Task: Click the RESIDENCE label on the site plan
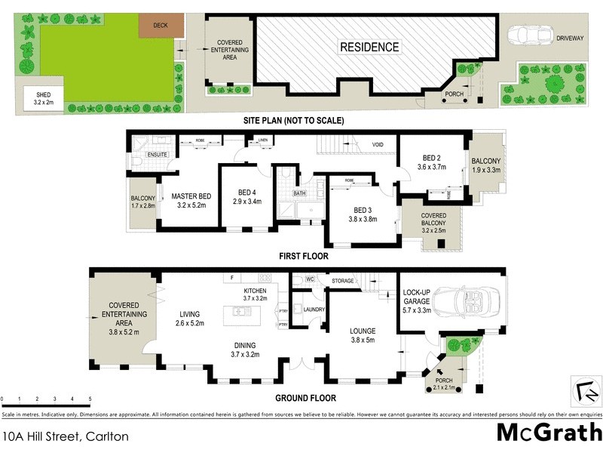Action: tap(369, 47)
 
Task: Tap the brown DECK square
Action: tap(159, 24)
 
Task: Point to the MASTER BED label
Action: tap(185, 196)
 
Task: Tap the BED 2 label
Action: tap(432, 158)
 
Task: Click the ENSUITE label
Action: tap(156, 155)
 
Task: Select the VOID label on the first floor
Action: tap(378, 144)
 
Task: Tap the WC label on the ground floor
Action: tap(310, 280)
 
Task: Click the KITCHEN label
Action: tap(256, 291)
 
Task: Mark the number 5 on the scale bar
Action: tap(90, 399)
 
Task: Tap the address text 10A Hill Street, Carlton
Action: tap(66, 436)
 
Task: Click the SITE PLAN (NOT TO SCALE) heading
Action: tap(293, 121)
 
